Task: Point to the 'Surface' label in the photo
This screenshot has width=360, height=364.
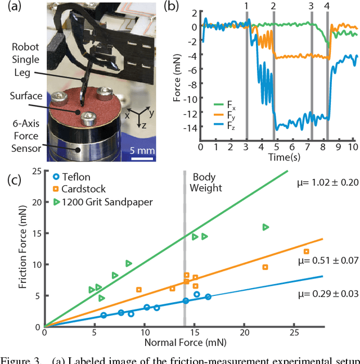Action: [x=25, y=96]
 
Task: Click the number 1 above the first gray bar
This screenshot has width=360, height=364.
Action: [x=246, y=6]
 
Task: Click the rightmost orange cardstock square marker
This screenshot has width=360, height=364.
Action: [x=307, y=251]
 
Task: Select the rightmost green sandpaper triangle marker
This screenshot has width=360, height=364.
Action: [x=265, y=227]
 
